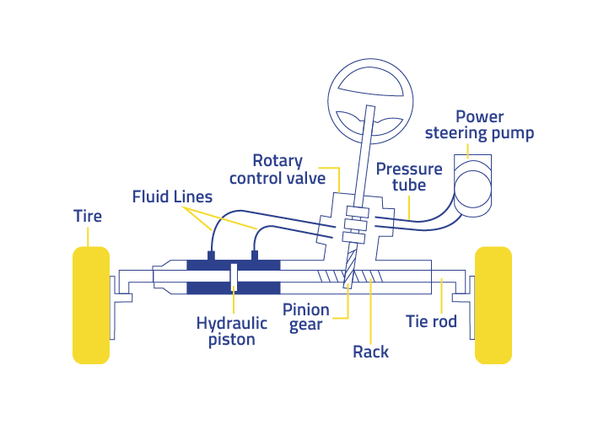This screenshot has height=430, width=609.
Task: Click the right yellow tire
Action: tap(493, 304)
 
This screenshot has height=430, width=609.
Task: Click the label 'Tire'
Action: tap(88, 217)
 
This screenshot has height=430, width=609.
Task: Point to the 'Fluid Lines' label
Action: tap(172, 196)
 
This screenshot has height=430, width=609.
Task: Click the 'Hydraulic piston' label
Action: tap(232, 331)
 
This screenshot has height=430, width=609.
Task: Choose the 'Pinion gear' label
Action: tap(306, 317)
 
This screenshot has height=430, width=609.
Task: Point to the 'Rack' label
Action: tap(370, 351)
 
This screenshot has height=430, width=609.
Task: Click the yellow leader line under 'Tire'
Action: tap(88, 236)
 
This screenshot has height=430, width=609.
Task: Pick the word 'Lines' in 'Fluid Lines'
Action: tap(192, 196)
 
